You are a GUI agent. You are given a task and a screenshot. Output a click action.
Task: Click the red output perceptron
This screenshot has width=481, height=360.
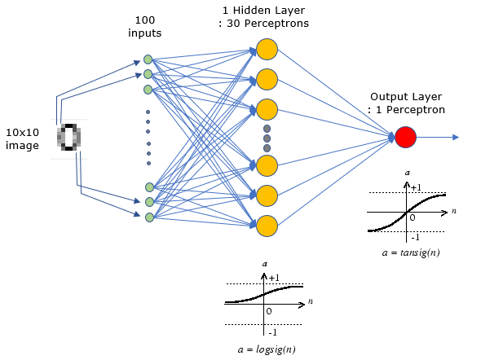[405, 137]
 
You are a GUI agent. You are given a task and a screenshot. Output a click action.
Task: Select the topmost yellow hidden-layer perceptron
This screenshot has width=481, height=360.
[267, 50]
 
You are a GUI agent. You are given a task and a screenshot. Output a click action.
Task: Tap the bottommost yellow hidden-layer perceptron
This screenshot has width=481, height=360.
[267, 226]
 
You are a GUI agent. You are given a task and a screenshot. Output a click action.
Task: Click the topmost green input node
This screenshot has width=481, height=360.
[148, 59]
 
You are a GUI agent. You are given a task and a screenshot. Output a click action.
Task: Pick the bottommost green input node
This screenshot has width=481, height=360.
[149, 217]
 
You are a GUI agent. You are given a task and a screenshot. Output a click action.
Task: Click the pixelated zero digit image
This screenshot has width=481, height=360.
[69, 138]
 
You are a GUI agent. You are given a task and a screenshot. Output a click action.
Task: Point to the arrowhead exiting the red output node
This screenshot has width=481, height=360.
[456, 138]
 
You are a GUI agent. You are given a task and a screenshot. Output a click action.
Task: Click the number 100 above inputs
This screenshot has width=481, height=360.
[145, 20]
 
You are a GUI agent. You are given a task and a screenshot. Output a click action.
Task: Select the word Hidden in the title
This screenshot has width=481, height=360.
[251, 10]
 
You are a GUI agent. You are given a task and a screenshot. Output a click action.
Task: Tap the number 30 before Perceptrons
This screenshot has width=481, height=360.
[233, 24]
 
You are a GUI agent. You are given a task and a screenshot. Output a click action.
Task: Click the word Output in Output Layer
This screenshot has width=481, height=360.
[389, 97]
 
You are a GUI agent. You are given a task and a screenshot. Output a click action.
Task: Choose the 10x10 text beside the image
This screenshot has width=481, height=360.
[22, 133]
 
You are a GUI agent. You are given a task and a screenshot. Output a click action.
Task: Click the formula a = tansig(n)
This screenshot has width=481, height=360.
[411, 252]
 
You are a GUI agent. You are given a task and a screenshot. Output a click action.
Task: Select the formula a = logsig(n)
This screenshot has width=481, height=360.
[267, 349]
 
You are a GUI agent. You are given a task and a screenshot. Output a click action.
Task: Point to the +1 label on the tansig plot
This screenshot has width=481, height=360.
[416, 187]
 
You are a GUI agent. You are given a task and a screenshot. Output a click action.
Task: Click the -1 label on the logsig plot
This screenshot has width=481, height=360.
[272, 332]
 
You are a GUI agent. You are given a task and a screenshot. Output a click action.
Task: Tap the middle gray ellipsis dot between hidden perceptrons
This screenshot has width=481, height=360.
[267, 138]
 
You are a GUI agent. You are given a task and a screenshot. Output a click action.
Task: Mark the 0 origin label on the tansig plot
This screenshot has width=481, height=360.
[413, 217]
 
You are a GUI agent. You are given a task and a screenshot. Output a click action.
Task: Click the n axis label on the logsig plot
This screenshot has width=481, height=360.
[311, 301]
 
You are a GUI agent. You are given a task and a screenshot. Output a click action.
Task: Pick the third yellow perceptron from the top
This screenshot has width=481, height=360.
[267, 109]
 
